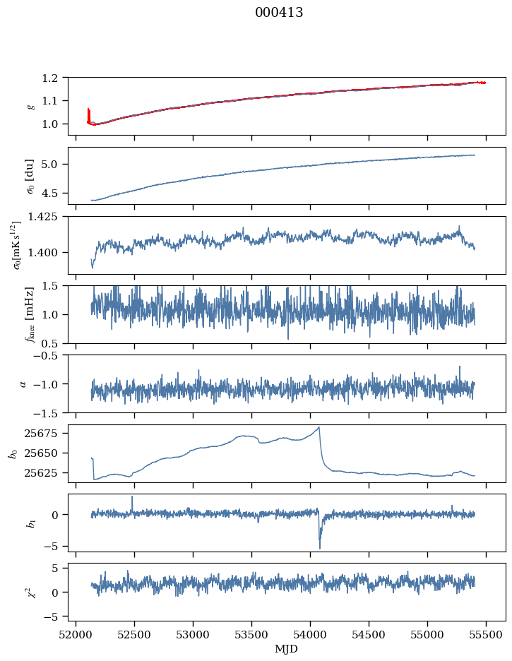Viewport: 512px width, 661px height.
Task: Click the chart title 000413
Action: (279, 13)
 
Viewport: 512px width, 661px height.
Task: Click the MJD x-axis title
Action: (287, 648)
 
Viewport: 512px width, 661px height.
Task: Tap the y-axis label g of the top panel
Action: (29, 106)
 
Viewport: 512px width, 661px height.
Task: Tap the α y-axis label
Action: (23, 383)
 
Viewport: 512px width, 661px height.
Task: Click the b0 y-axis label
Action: (13, 453)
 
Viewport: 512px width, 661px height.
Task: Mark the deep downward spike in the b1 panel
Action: (319, 547)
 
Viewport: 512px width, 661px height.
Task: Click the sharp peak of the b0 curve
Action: (319, 427)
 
